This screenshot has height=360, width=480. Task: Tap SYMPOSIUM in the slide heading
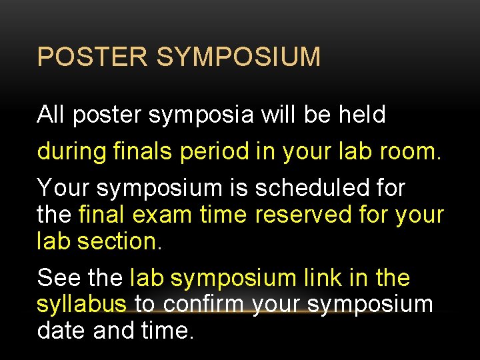tap(238, 57)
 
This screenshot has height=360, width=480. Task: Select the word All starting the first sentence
tap(52, 115)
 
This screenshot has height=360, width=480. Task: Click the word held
tap(362, 115)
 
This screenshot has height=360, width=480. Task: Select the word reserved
tap(291, 215)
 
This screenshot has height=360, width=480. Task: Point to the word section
tap(119, 241)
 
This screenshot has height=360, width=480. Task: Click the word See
tap(59, 278)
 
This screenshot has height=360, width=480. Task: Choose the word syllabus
tap(82, 305)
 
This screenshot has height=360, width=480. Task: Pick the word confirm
tap(205, 304)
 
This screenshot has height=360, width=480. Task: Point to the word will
tap(281, 115)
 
